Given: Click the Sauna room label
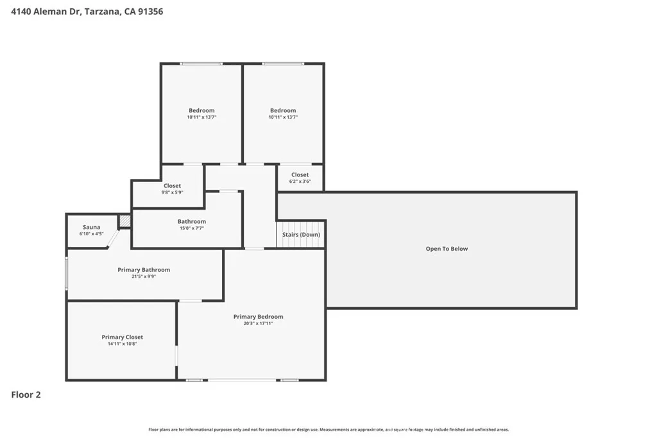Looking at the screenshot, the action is coord(91,227).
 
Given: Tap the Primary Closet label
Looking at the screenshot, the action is coord(123,337).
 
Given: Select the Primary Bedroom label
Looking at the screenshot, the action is coord(258,317).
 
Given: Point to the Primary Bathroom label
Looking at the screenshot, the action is coord(144,270).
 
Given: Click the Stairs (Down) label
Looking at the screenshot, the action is coord(301,235).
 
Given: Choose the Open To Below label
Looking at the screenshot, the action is coord(447,249).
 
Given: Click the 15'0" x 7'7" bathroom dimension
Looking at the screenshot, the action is coord(191,228).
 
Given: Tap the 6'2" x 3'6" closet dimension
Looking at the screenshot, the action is coord(300,181).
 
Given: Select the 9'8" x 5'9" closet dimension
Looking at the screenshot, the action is coord(172,192).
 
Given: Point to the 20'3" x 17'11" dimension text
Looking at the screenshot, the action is coord(258,323).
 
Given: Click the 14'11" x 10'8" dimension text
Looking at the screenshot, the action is coord(123,344).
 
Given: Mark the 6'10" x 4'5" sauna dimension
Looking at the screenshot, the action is coord(91,233).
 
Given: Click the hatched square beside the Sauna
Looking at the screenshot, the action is coord(124,221).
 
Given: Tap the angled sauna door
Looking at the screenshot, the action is coord(113,239).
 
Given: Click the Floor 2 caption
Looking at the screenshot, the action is coord(26,394).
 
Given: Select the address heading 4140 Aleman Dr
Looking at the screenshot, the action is coord(87,12).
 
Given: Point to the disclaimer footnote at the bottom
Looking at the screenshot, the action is coord(328,430).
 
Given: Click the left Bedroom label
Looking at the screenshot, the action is coord(201,110).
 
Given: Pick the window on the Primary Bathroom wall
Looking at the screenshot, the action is coord(66,273).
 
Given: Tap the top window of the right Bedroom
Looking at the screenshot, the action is coord(283,63).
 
